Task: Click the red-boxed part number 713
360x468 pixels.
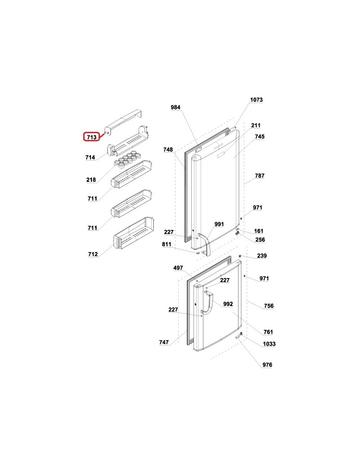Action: point(91,137)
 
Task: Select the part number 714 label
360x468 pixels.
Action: point(90,157)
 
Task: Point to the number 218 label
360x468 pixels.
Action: point(91,180)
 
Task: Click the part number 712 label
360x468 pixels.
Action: point(93,254)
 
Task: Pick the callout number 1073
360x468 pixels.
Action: point(256,100)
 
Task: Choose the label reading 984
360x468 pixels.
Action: point(175,108)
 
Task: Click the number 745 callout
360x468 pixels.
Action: point(260,136)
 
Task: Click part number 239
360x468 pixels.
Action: point(262,256)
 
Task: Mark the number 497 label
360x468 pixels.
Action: point(178,268)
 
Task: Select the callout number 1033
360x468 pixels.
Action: point(269,344)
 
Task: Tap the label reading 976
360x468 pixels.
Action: point(267,365)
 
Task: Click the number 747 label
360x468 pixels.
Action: point(164,342)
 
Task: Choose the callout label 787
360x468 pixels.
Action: point(260,176)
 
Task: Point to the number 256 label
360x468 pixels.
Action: point(260,240)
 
